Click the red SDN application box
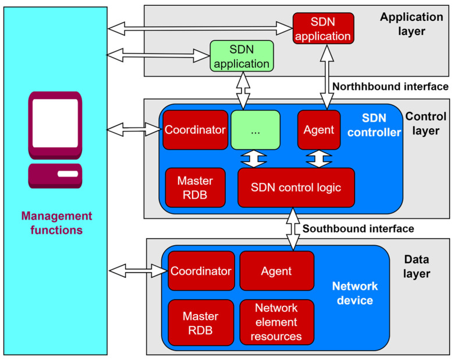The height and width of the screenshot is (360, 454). click(x=323, y=29)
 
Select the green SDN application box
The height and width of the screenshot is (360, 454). click(x=242, y=56)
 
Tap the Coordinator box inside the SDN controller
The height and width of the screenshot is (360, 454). click(x=195, y=130)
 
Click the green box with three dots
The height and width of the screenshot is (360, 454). click(x=256, y=130)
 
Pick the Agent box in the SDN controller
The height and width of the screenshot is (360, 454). click(x=319, y=130)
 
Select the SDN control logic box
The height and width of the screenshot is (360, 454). click(x=296, y=188)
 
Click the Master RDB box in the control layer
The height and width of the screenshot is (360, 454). click(x=195, y=188)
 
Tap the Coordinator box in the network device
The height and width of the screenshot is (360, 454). click(x=201, y=271)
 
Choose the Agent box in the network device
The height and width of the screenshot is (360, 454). click(x=276, y=271)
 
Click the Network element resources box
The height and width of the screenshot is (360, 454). click(x=276, y=322)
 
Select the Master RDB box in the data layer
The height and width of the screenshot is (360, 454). click(x=201, y=323)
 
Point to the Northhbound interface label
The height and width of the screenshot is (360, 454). click(x=391, y=86)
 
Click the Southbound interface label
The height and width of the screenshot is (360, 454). click(x=358, y=229)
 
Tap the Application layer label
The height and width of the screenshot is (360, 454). click(x=412, y=24)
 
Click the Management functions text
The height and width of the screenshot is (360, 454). click(x=57, y=223)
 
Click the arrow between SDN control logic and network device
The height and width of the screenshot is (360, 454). click(x=293, y=229)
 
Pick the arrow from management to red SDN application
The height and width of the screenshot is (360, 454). click(x=200, y=29)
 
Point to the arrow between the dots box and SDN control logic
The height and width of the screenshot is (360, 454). click(x=254, y=159)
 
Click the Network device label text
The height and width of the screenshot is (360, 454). click(x=355, y=293)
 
